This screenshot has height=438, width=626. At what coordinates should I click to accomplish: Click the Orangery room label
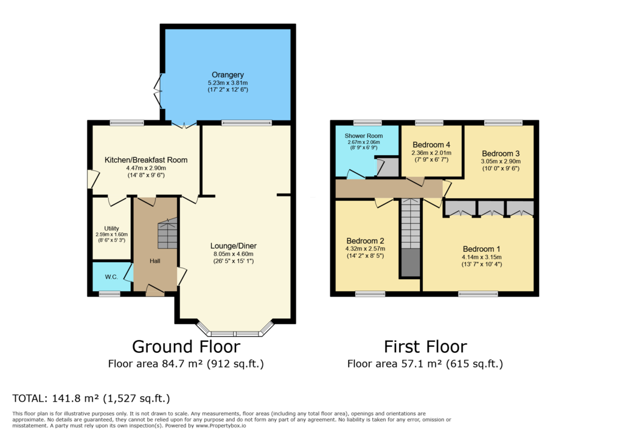(228, 75)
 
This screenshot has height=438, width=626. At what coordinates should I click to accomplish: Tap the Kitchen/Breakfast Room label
(146, 160)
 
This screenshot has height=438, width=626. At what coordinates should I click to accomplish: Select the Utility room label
(111, 228)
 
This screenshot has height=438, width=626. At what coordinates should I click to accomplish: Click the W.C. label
(111, 277)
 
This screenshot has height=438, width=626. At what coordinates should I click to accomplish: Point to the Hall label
(155, 261)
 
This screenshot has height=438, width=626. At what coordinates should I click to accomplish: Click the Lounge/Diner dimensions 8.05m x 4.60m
(234, 254)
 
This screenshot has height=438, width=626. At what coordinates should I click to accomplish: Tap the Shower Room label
(364, 136)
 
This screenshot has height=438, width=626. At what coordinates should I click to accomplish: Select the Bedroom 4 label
(431, 145)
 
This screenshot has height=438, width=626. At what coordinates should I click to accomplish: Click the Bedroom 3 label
(501, 153)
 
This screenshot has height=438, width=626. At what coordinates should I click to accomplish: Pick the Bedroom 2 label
(365, 241)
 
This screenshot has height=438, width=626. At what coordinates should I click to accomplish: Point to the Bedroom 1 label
(481, 249)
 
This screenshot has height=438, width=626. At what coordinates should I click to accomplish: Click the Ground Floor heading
(186, 347)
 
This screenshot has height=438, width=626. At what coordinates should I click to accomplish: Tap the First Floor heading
(425, 347)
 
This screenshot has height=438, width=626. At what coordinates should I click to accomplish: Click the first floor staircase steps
(411, 224)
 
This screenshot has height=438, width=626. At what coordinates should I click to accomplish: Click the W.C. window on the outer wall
(110, 294)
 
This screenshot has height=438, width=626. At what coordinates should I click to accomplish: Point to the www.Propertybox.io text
(221, 426)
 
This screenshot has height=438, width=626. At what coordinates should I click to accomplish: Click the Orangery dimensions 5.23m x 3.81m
(228, 83)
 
